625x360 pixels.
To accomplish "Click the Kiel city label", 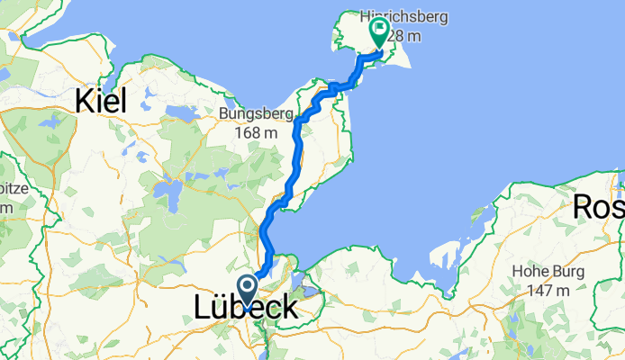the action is pyautogui.click(x=101, y=101).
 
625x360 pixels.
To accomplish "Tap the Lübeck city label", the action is pyautogui.click(x=245, y=308).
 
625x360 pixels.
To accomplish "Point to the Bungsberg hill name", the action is pyautogui.click(x=256, y=114).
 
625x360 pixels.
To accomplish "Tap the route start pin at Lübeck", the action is pyautogui.click(x=248, y=289).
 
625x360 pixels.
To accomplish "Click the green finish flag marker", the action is pyautogui.click(x=378, y=31).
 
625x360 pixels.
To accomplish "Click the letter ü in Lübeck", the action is pyautogui.click(x=221, y=308).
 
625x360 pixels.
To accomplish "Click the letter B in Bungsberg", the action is pyautogui.click(x=224, y=114).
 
